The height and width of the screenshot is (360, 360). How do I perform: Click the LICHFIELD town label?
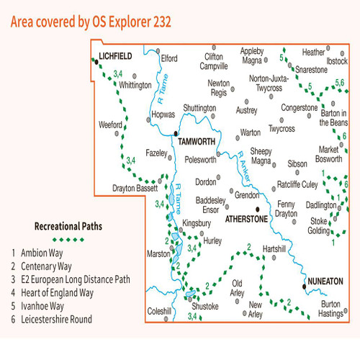117,55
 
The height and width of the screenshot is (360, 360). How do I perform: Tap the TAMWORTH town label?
197,142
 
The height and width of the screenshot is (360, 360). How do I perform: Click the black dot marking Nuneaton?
305,287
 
